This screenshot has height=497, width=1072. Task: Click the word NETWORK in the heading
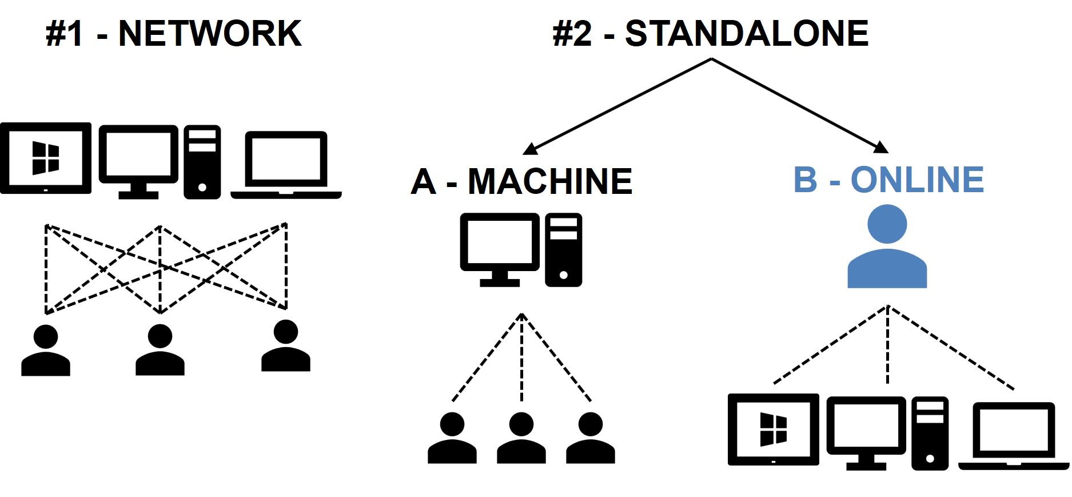tap(209, 34)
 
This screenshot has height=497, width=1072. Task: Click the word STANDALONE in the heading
tap(747, 34)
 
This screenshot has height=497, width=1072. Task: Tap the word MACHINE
tap(550, 182)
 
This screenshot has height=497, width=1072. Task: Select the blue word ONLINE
tap(917, 180)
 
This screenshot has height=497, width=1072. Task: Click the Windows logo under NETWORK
tap(46, 158)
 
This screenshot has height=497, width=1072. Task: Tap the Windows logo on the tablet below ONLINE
tap(773, 430)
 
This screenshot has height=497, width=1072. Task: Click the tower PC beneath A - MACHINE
tap(564, 250)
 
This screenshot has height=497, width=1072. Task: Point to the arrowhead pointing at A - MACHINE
tap(529, 149)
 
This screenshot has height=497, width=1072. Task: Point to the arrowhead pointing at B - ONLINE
tap(881, 148)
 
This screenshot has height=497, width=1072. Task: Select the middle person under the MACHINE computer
tap(521, 439)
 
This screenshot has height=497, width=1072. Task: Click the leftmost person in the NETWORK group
tap(46, 351)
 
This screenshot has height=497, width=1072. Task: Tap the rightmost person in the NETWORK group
tap(286, 346)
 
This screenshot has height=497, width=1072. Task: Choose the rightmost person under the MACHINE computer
tap(590, 439)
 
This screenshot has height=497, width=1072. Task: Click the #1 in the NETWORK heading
tap(65, 34)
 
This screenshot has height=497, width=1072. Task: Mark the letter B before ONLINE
tap(806, 180)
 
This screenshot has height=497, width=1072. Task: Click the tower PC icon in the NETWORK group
tap(202, 162)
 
